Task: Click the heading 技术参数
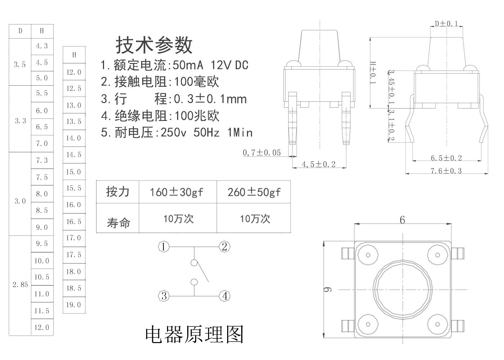154,45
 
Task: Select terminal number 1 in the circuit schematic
164,247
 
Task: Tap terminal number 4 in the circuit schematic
225,296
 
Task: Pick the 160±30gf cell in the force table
176,192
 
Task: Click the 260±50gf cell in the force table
254,192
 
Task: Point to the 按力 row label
118,192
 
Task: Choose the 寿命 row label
118,223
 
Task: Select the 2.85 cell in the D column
20,285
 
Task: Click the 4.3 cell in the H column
42,46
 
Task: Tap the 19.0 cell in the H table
73,305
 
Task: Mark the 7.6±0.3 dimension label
446,171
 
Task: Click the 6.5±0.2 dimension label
446,158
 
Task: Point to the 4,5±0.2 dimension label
318,165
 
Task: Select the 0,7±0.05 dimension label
262,153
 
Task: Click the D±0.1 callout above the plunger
446,24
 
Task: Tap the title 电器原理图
194,334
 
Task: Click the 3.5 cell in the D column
20,65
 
